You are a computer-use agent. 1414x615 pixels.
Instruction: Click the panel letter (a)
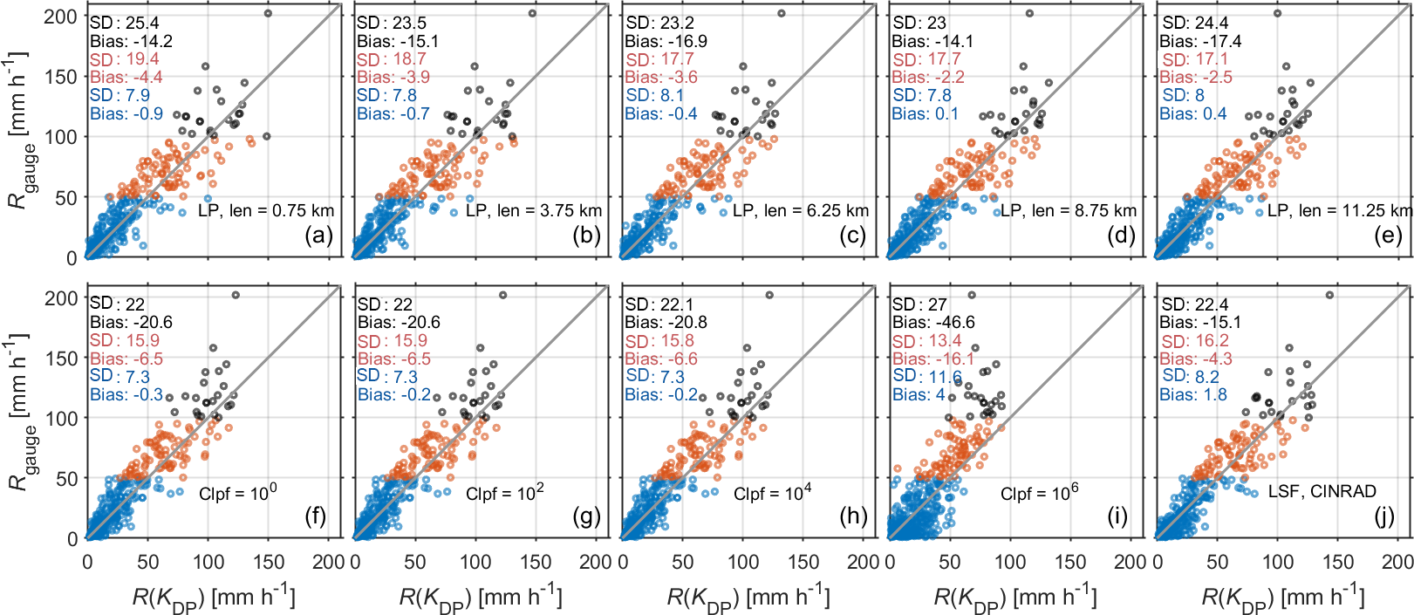(x=318, y=236)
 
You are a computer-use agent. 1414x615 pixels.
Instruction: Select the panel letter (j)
(x=1384, y=517)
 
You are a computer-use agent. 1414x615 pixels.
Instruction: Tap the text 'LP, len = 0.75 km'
(x=266, y=210)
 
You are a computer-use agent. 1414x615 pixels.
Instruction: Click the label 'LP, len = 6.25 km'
(x=801, y=210)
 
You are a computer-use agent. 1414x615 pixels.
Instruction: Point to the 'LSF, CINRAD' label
(x=1322, y=491)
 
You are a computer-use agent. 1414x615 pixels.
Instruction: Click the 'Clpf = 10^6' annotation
(x=1039, y=493)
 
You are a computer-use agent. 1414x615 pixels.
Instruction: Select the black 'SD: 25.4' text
(x=125, y=23)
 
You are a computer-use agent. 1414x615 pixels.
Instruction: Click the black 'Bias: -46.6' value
(x=933, y=322)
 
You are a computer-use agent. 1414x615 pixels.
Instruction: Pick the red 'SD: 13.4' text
(x=926, y=340)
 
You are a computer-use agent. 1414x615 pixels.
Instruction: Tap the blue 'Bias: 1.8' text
(x=1192, y=394)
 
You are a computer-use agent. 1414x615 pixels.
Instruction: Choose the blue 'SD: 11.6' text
(x=927, y=376)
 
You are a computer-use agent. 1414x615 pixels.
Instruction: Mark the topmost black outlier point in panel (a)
(x=268, y=13)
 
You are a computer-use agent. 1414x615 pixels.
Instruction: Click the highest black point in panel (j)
(x=1329, y=295)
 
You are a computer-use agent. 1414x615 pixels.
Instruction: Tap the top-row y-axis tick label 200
(x=61, y=17)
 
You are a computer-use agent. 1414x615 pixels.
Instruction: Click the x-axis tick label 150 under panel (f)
(x=268, y=562)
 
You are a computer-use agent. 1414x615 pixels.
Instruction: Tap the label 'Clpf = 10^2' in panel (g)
(x=504, y=493)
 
